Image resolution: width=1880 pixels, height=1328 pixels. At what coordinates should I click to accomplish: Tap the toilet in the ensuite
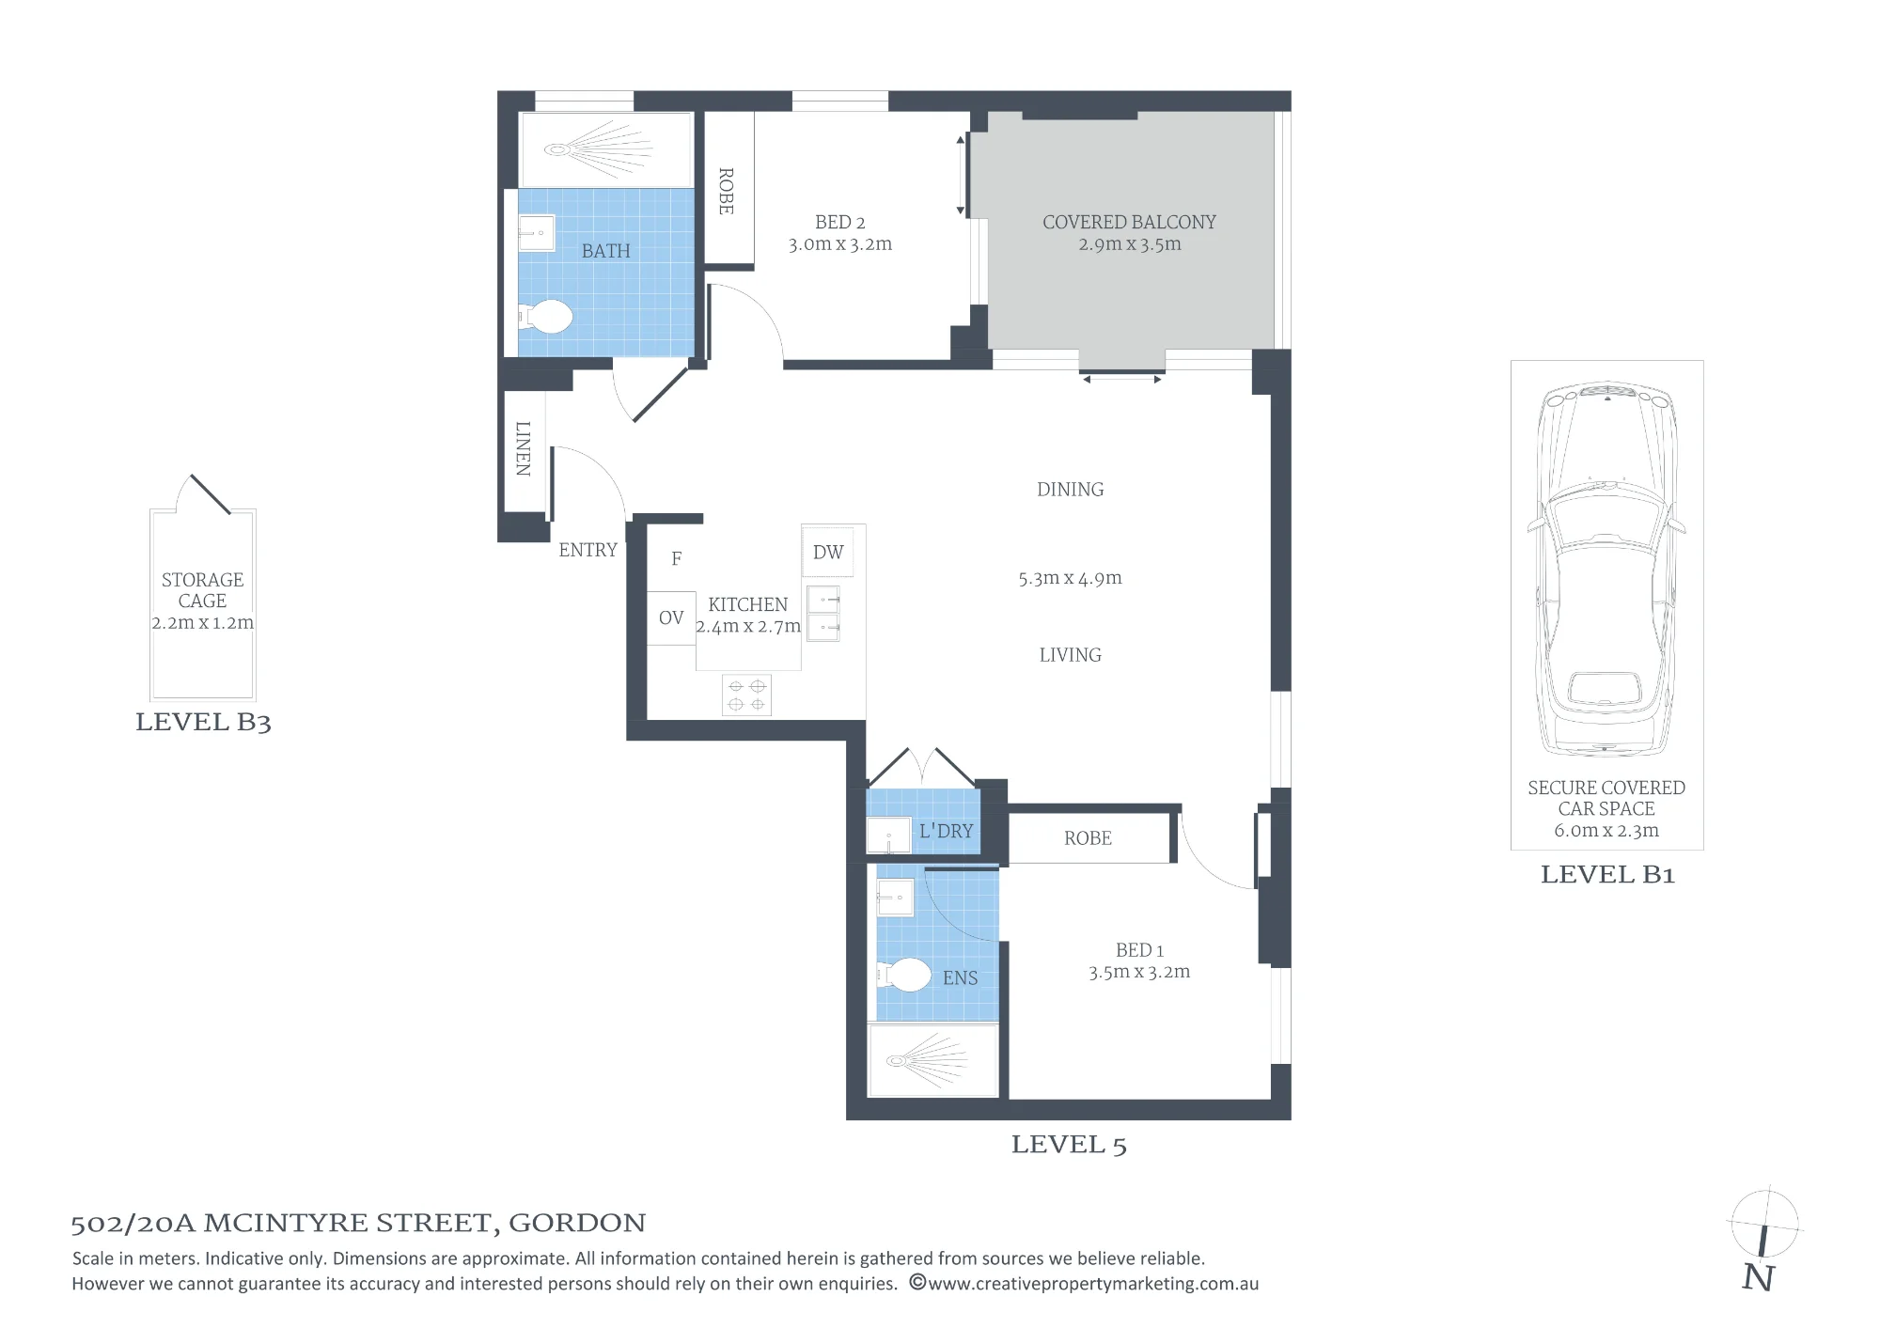[904, 975]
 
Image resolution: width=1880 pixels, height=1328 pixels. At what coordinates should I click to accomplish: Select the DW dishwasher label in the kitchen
[828, 553]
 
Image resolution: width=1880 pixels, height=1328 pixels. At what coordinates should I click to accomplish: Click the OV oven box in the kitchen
[671, 617]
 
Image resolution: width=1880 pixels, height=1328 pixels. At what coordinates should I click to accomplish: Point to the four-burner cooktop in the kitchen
[746, 695]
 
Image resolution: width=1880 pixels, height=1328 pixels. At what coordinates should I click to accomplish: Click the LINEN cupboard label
[524, 448]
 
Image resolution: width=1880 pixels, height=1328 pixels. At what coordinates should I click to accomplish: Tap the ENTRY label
[587, 550]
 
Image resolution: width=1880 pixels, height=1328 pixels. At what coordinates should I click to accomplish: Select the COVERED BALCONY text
[1129, 222]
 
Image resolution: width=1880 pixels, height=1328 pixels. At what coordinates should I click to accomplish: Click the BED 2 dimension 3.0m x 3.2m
[840, 244]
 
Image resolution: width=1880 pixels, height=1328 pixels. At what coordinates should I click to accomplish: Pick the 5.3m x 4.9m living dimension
[1070, 578]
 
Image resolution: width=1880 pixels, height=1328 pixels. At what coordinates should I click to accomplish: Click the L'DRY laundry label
[946, 831]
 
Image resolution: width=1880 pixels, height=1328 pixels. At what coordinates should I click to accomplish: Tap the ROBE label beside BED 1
[1088, 838]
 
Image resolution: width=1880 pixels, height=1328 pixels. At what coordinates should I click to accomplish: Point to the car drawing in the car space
[1606, 570]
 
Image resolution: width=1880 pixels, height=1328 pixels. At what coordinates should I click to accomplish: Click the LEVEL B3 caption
[203, 722]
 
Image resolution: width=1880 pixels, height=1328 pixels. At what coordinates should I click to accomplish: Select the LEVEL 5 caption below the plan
[1069, 1145]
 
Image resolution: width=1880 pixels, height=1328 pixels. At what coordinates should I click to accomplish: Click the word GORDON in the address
[577, 1223]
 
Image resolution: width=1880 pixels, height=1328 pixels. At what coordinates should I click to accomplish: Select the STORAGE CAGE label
[202, 590]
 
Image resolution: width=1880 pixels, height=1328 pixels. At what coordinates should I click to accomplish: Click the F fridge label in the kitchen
[676, 558]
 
